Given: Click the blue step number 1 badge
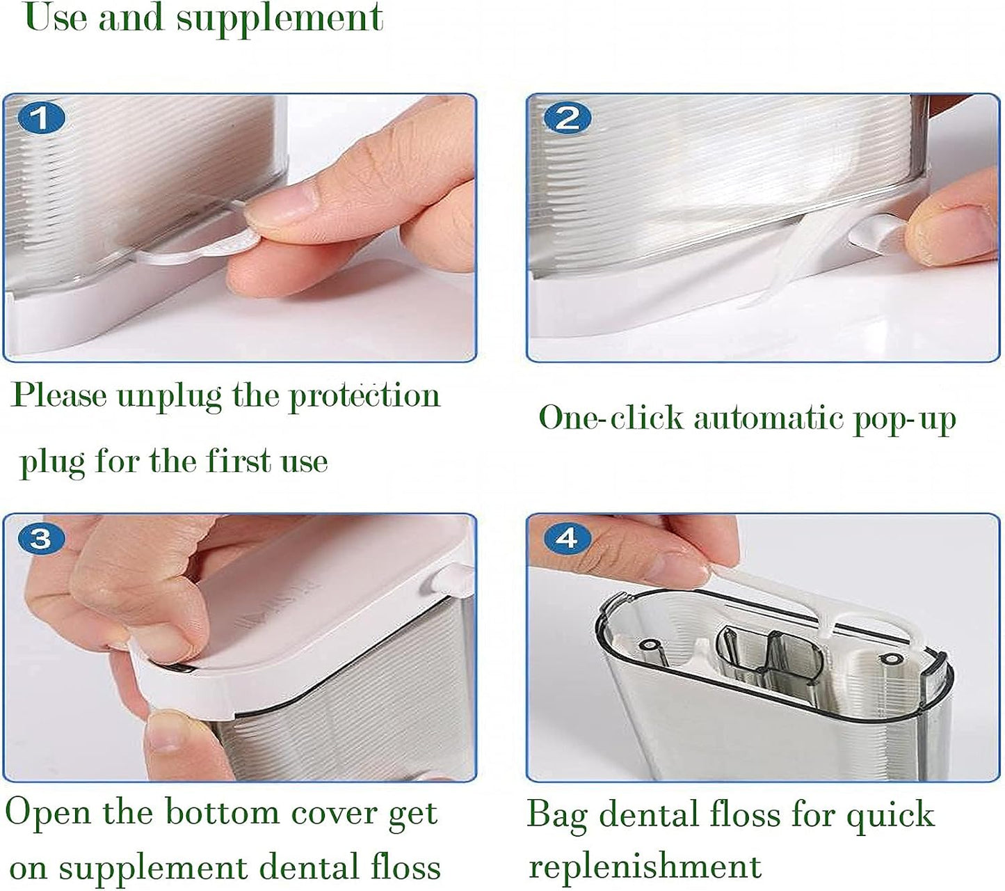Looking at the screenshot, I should (x=41, y=118).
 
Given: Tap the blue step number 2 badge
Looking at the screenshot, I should (x=567, y=118).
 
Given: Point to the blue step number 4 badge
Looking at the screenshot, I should (x=567, y=538).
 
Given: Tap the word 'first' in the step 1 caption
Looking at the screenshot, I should (x=237, y=461).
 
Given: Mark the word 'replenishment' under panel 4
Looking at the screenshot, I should (x=645, y=866).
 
